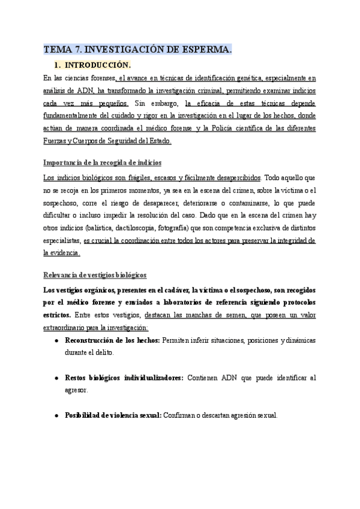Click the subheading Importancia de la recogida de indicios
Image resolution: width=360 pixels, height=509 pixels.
pos(102,163)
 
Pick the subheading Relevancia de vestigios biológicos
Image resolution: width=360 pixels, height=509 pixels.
pos(95,275)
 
